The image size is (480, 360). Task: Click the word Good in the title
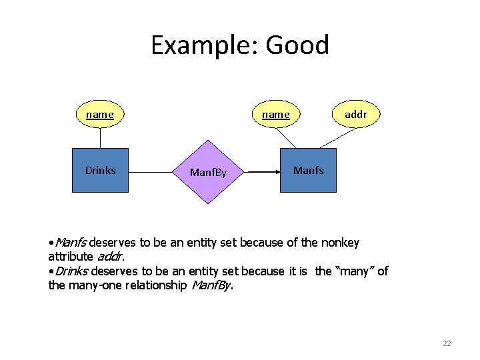pos(297,45)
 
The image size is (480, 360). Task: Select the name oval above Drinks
pos(100,115)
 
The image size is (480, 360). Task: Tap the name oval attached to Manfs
pos(276,115)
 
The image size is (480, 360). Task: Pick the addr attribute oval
pos(356,115)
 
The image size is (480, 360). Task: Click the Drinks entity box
pos(100,170)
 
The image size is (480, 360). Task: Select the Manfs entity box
pos(308,170)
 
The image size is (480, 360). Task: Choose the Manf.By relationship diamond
pos(209,172)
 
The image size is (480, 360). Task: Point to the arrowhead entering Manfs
pos(275,172)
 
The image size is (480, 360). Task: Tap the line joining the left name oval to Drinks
pos(100,137)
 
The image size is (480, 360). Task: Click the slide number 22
pos(447,343)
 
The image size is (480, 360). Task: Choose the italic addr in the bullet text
pos(110,256)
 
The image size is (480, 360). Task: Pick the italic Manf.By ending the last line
pos(211,285)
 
